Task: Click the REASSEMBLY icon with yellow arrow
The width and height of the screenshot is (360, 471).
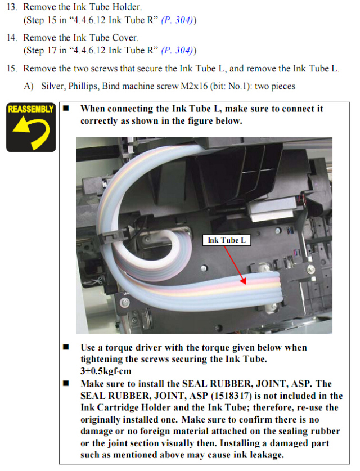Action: coord(31,127)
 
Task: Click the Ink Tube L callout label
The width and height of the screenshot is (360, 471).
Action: coord(227,240)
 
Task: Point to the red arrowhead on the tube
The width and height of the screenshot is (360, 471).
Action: coord(243,281)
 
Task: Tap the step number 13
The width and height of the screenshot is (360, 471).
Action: coord(12,7)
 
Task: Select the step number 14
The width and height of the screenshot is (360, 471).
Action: coord(12,38)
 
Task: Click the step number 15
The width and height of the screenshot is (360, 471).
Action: coord(12,69)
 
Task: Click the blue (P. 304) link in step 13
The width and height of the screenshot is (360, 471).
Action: coord(177,20)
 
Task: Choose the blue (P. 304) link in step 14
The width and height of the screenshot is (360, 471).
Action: coord(177,50)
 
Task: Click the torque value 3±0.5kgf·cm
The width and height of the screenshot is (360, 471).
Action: coord(106,371)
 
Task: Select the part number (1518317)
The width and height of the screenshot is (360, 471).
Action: coord(232,396)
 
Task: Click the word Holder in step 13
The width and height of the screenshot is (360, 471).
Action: coord(125,7)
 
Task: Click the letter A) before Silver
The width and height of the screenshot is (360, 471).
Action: coord(29,86)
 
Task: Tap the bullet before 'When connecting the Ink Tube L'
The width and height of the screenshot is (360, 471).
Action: coord(66,108)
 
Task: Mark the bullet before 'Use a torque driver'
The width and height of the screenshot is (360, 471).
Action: coord(66,347)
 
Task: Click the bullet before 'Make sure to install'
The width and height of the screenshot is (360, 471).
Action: coord(66,383)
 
